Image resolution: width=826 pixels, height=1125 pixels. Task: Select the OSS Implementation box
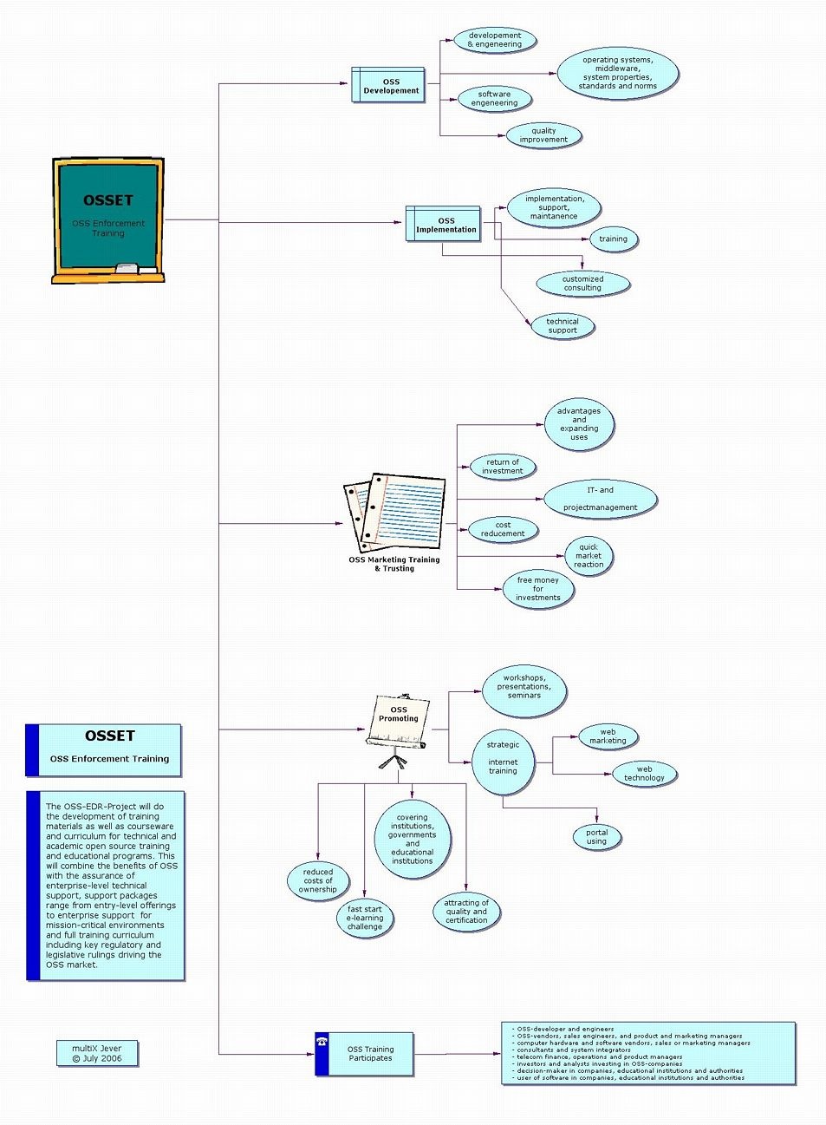coord(443,224)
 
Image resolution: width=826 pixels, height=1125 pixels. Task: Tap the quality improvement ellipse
coord(543,135)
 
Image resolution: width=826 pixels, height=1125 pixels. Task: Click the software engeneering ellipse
coord(493,99)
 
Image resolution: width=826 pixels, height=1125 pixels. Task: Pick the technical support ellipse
coord(562,326)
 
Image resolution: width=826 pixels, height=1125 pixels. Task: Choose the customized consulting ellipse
coord(582,284)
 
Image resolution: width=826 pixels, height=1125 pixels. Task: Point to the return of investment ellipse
coord(502,467)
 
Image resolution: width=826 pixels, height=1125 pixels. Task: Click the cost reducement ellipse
coord(503,529)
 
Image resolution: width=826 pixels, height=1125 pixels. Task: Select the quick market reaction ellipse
coord(589,556)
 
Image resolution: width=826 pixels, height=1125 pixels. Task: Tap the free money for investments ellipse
coord(537,589)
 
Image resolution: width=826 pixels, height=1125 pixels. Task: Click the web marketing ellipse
coord(608,736)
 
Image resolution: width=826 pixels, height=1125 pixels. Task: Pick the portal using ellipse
coord(596,837)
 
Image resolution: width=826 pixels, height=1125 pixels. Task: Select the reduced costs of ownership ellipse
coord(318,880)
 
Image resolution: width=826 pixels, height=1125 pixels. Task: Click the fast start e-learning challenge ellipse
coord(364,919)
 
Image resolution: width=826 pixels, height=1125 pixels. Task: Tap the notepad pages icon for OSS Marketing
coord(395,513)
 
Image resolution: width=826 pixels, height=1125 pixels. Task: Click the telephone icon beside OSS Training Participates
coord(322,1042)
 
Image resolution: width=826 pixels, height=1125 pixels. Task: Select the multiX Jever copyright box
coord(97,1053)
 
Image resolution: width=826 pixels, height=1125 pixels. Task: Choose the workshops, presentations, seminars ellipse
coord(524,690)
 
